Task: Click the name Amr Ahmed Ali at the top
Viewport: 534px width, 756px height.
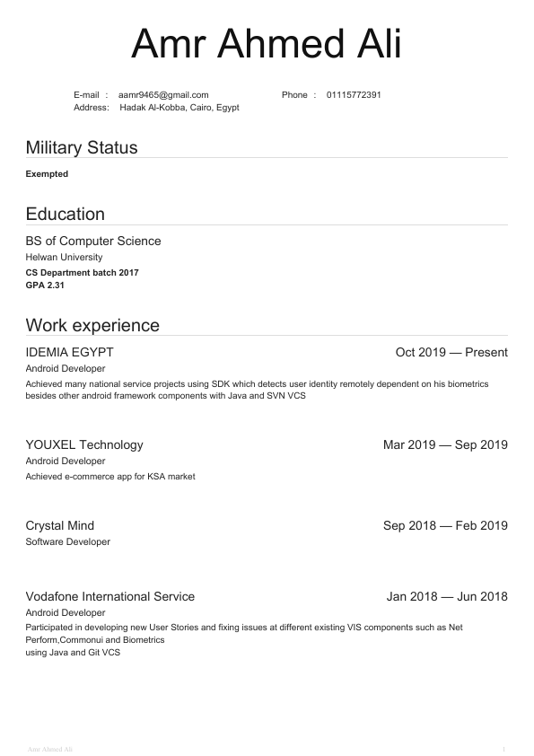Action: [x=267, y=45]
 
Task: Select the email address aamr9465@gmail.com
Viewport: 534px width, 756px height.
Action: [x=163, y=95]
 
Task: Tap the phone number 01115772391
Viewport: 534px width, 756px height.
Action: [x=354, y=95]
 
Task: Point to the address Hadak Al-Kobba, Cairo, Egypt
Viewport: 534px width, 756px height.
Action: [x=179, y=108]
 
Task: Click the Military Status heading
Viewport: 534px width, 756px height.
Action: [x=82, y=147]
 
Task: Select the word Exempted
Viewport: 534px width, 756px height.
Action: [x=47, y=174]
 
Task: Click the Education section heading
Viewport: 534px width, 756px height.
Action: [x=66, y=214]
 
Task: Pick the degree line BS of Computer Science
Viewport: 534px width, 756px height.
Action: [x=93, y=241]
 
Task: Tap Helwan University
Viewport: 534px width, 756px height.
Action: [x=64, y=258]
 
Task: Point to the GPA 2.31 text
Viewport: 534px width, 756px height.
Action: [x=45, y=286]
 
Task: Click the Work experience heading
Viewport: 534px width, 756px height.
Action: [x=92, y=325]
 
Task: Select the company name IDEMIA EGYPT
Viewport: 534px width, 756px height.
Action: [x=70, y=352]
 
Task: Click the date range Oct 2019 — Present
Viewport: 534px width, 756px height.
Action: [x=451, y=352]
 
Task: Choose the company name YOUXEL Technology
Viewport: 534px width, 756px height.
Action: [x=84, y=444]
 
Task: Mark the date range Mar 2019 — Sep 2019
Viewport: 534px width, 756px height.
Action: [x=445, y=444]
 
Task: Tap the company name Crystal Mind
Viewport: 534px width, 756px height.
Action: [x=60, y=525]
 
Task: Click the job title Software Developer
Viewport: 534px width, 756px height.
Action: [x=68, y=542]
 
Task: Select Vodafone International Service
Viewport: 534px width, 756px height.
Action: [x=110, y=596]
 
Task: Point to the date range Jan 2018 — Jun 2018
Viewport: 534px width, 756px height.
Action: [x=447, y=596]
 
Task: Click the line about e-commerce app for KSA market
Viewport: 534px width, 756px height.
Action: [x=110, y=477]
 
